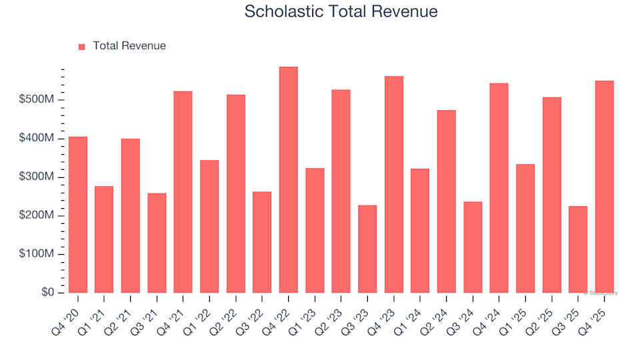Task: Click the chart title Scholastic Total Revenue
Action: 341,11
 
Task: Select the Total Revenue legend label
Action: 129,46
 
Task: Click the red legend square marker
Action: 82,47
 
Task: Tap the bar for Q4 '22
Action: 288,180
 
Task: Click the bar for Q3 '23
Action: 367,249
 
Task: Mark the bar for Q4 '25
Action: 604,187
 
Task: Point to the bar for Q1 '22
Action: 209,227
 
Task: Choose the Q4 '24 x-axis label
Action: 489,311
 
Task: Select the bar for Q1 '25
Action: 525,229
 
